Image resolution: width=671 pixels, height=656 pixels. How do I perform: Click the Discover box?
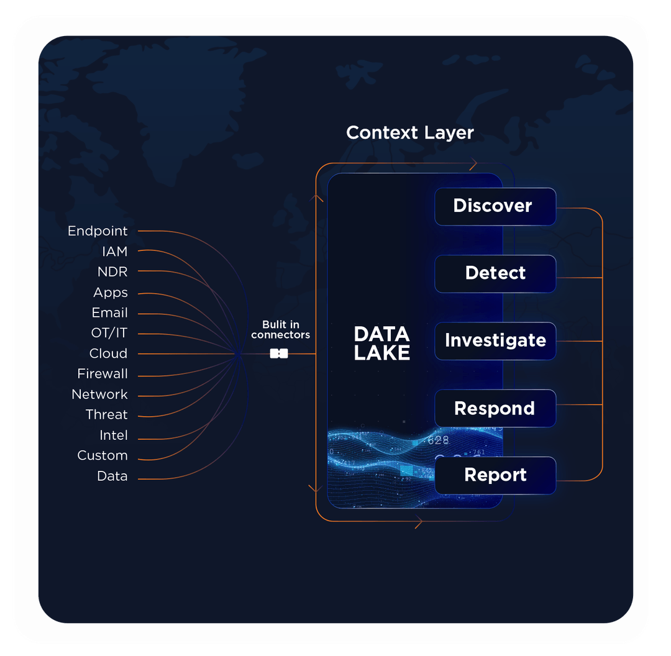click(x=495, y=206)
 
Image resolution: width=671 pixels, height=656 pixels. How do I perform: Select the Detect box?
click(x=495, y=273)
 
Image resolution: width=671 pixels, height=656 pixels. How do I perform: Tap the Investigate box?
click(x=495, y=340)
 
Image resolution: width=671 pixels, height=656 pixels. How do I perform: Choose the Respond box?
click(x=495, y=408)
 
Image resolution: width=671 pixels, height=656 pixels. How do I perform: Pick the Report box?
click(x=495, y=475)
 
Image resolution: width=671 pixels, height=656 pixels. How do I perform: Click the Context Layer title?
click(x=409, y=132)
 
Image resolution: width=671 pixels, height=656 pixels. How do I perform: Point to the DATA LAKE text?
click(x=381, y=344)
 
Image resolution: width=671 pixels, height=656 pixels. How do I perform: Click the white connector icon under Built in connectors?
click(x=279, y=353)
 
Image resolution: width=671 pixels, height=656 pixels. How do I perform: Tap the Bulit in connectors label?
click(x=280, y=329)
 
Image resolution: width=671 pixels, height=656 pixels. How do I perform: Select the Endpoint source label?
click(x=98, y=231)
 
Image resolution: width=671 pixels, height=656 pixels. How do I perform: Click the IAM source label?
click(x=114, y=252)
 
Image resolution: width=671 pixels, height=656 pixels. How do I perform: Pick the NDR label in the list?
click(x=112, y=272)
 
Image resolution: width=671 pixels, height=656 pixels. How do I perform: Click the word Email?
click(x=110, y=312)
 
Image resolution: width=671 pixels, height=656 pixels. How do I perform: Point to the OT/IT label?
click(x=109, y=333)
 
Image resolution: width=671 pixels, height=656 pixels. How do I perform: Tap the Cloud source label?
click(x=108, y=353)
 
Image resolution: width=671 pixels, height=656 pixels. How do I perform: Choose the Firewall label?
click(x=103, y=374)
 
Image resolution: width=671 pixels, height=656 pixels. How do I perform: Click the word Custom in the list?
click(x=103, y=455)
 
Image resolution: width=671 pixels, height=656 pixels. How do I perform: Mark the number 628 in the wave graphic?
click(x=438, y=440)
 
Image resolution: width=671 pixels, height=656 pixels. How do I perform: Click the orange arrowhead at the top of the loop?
click(x=473, y=165)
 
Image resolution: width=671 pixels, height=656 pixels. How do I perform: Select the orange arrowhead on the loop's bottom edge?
click(x=418, y=524)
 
